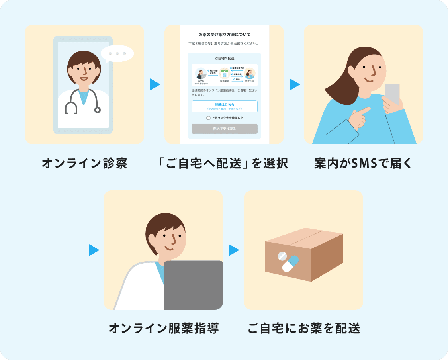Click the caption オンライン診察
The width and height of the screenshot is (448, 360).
[x=84, y=164]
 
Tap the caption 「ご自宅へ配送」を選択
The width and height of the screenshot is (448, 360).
[x=224, y=164]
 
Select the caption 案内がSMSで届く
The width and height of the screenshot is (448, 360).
[x=364, y=164]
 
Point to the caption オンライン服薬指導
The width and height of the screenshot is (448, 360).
[x=163, y=329]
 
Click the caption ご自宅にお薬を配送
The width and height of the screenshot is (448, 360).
[x=303, y=329]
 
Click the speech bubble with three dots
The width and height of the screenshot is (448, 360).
[x=117, y=53]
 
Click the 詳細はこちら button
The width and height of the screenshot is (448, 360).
[x=224, y=106]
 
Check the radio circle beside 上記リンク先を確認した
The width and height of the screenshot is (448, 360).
[x=208, y=118]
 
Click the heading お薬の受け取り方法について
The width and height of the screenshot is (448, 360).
[x=224, y=35]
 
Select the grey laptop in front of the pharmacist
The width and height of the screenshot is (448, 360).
[x=193, y=284]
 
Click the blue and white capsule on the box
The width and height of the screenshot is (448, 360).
[x=290, y=263]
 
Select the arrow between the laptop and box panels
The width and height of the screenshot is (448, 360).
[x=234, y=250]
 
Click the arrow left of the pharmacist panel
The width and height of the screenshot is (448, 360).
[x=94, y=250]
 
